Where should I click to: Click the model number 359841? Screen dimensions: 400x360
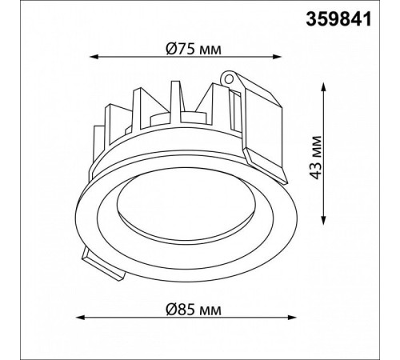pos(338,19)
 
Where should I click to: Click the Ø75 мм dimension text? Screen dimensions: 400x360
pos(194,49)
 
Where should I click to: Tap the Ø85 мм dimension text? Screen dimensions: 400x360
pos(194,310)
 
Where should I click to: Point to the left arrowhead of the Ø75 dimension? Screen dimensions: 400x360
pos(93,57)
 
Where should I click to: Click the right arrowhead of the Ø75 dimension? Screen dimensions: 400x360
pos(278,57)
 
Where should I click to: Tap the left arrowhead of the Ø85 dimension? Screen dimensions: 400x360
pos(80,318)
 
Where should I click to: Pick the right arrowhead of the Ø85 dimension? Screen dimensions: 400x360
pos(293,318)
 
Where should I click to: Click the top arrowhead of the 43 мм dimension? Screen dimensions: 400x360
pos(324,86)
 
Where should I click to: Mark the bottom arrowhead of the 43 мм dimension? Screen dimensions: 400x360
pos(324,221)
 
